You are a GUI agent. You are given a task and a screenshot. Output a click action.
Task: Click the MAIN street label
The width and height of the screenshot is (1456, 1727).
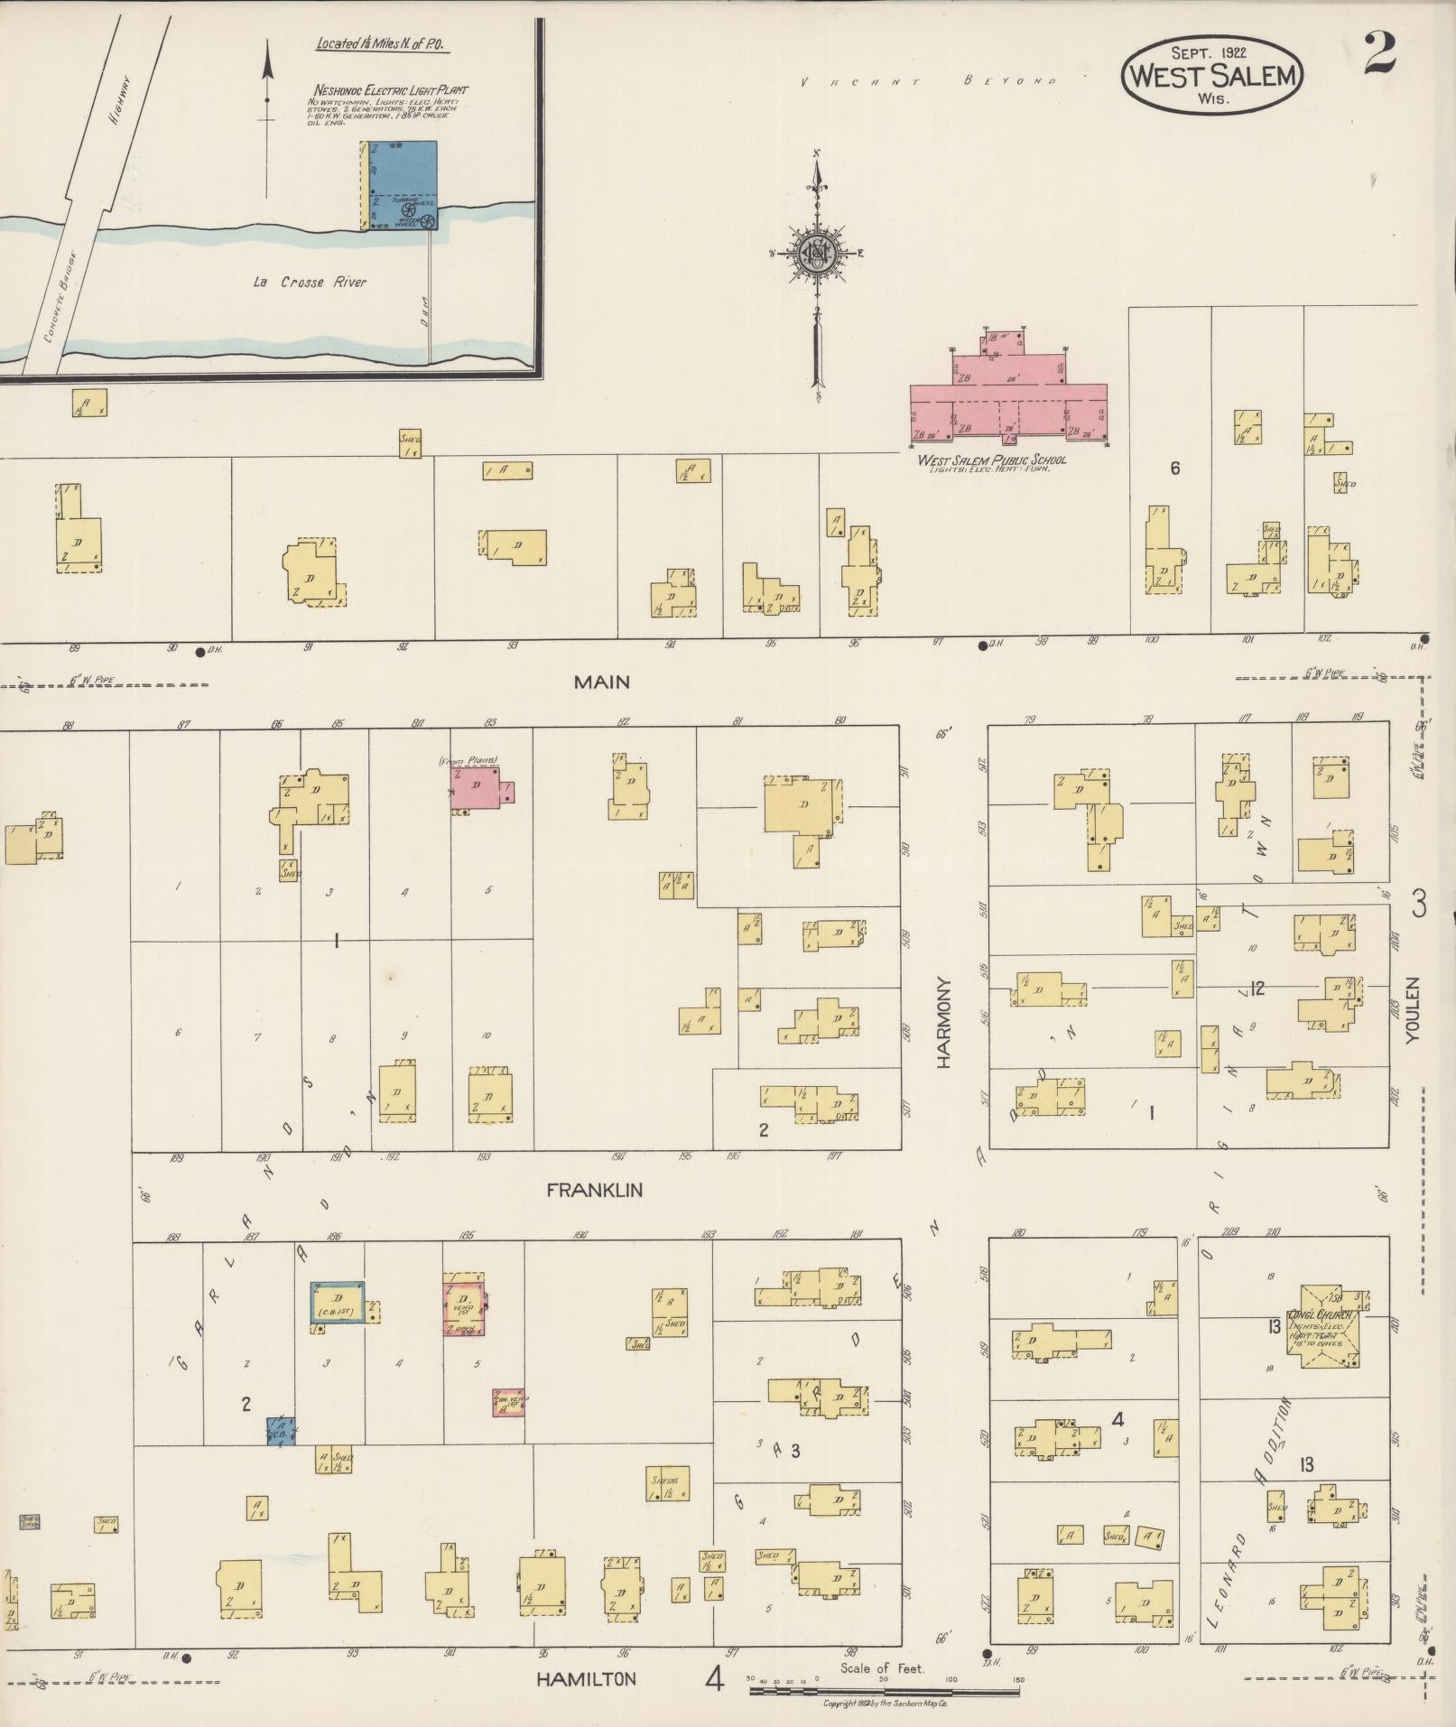point(601,682)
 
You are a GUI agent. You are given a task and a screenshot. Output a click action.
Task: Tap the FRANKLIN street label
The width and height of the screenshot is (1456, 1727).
point(595,1190)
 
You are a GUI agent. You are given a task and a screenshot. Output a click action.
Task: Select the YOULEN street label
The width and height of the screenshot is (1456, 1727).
point(1413,1008)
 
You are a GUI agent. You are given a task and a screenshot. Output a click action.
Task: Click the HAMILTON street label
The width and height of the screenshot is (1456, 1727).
point(587,1679)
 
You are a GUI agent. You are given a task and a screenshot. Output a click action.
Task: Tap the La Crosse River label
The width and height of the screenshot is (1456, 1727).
point(310,283)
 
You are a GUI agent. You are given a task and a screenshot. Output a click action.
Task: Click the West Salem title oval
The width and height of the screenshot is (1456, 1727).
point(1212,76)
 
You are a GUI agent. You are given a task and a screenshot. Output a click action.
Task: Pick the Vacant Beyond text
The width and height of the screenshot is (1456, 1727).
point(929,82)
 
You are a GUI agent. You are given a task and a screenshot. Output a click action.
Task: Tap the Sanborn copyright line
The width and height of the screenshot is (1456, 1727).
point(884,1704)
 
